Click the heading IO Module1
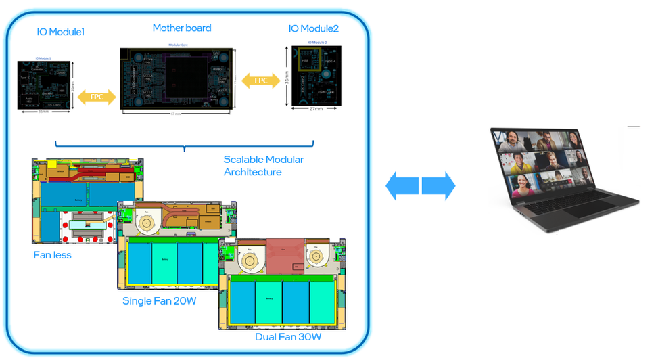61,31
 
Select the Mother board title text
181,28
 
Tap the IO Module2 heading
313,28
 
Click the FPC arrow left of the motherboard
97,97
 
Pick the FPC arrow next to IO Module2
260,81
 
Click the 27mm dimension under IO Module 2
316,108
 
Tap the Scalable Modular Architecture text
263,166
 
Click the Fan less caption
52,255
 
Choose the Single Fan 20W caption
159,300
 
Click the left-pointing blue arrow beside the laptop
402,185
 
